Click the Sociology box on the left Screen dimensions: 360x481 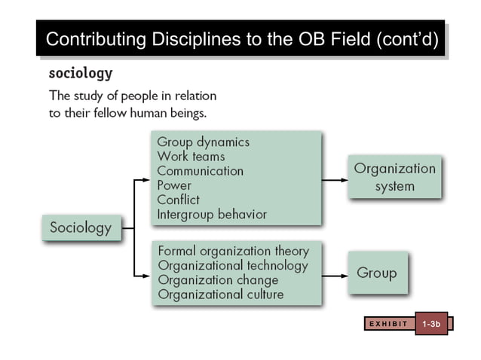tap(80, 227)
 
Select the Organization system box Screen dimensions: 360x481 tap(395, 177)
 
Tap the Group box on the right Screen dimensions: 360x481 tap(376, 273)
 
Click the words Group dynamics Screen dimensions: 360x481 tap(203, 142)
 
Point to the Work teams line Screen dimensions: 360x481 tap(191, 156)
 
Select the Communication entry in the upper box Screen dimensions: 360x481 tap(200, 171)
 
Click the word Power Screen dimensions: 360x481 tap(174, 185)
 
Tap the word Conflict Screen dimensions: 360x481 tap(178, 200)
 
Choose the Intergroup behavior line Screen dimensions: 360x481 tap(212, 215)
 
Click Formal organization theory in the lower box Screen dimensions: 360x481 tap(233, 251)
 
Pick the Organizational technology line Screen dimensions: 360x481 tap(232, 265)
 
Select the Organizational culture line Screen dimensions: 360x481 tap(220, 294)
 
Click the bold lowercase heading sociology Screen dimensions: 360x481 tap(81, 74)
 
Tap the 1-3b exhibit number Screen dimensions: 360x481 tap(431, 324)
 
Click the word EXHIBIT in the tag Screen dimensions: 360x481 tap(388, 324)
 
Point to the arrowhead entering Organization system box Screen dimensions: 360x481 tap(342, 180)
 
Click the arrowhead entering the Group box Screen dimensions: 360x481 tap(342, 274)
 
